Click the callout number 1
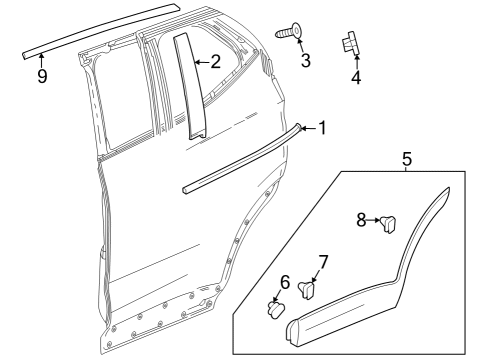click(x=322, y=127)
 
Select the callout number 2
click(x=216, y=61)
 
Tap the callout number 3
click(x=305, y=61)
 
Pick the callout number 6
click(x=284, y=283)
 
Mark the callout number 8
click(x=363, y=218)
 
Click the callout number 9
click(x=41, y=76)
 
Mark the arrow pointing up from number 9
click(x=41, y=62)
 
